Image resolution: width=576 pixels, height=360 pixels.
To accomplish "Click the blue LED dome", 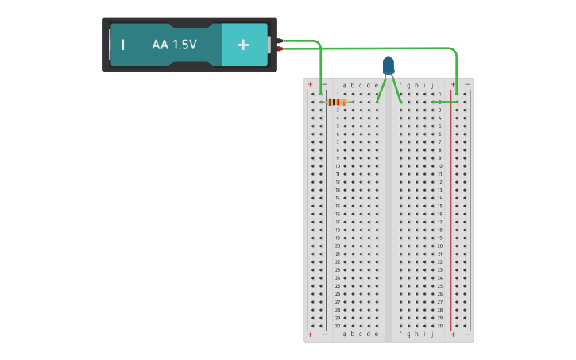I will pos(389,64).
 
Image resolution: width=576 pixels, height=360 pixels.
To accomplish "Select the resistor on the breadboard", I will pos(338,102).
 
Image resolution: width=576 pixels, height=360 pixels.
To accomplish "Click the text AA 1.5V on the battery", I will pos(174,45).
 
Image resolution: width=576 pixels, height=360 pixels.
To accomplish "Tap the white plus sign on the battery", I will pos(243,45).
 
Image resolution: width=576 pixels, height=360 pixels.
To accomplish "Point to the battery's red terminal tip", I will pos(280,49).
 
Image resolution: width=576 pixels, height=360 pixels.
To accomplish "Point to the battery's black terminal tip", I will pos(280,41).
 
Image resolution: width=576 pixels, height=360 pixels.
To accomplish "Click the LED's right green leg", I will pos(396,90).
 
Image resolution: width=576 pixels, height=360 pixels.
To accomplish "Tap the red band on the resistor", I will pos(341,102).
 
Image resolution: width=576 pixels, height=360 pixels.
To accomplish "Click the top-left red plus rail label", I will pos(310,84).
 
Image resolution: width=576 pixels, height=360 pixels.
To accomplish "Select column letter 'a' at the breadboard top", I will pos(344,85).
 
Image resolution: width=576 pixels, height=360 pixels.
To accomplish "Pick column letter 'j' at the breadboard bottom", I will pos(433,335).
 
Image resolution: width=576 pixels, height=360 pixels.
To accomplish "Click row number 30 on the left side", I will pos(337,326).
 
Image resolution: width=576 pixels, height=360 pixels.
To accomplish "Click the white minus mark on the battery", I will pos(123,45).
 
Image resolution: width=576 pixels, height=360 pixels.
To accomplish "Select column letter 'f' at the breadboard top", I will pos(400,85).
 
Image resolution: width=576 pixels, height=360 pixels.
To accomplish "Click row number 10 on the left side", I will pos(337,166).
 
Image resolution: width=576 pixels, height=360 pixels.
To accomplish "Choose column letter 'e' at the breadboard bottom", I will pos(377,335).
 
